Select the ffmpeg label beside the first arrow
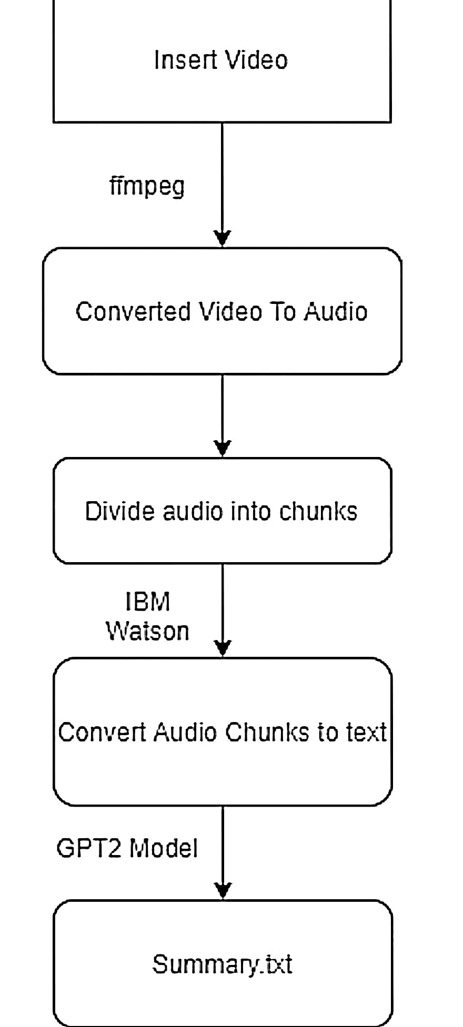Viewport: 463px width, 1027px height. (147, 186)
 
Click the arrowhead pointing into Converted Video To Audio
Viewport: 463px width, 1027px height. (223, 239)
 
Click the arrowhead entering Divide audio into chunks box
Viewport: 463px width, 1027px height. (223, 449)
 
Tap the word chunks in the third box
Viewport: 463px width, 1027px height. (318, 511)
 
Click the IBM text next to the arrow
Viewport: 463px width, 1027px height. (147, 602)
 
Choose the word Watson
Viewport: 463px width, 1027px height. (147, 631)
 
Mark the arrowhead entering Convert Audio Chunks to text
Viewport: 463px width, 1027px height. (223, 649)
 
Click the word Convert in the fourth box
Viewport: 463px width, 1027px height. (102, 732)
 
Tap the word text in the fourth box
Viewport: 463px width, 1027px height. (366, 732)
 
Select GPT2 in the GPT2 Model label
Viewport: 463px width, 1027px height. (88, 848)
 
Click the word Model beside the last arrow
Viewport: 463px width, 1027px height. (163, 848)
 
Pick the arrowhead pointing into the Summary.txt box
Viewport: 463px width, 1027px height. (223, 891)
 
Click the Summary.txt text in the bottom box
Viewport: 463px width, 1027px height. (222, 964)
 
